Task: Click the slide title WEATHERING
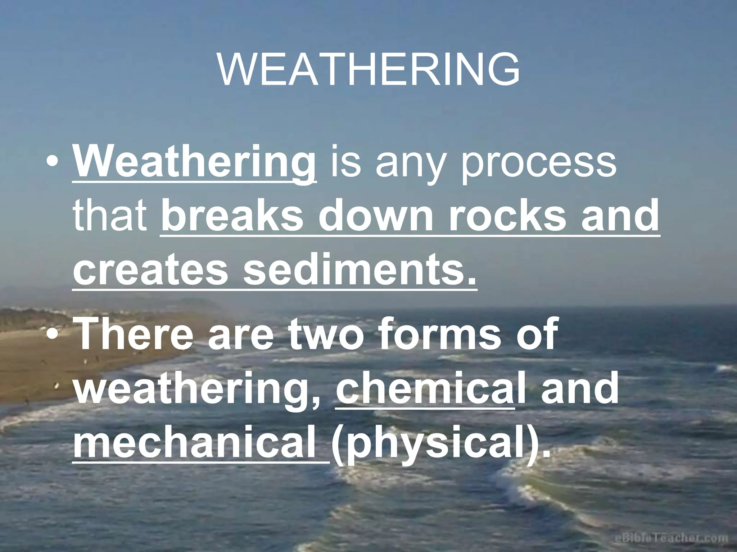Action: point(368,70)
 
